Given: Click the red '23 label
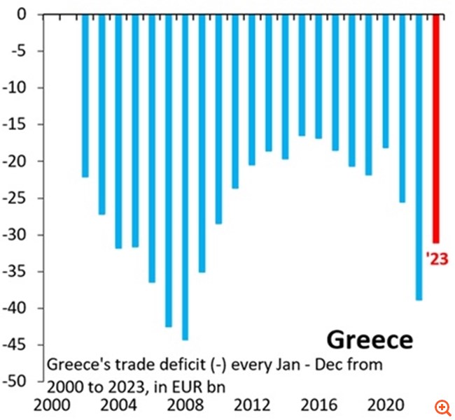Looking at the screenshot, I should coord(436,259).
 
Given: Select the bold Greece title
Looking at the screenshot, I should coord(370,340).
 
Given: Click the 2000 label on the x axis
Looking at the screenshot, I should coord(51,406).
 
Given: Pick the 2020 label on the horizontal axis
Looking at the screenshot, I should coord(385,406).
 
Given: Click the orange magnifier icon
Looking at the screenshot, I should coord(441,407).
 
